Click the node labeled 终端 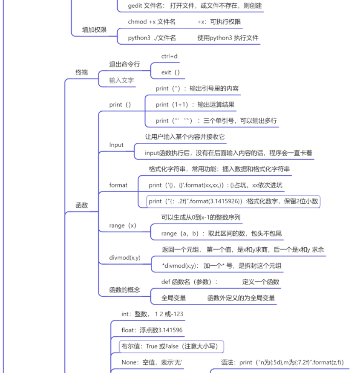pyautogui.click(x=81, y=72)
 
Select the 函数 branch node pyautogui.click(x=81, y=205)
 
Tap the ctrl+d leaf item pyautogui.click(x=169, y=56)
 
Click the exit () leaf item pyautogui.click(x=170, y=72)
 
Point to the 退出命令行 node pyautogui.click(x=124, y=64)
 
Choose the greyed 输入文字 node pyautogui.click(x=121, y=80)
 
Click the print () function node pyautogui.click(x=120, y=104)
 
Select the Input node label pyautogui.click(x=116, y=145)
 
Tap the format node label pyautogui.click(x=118, y=185)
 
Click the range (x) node pyautogui.click(x=123, y=226)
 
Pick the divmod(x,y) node pyautogui.click(x=125, y=257)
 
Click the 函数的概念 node pyautogui.click(x=124, y=290)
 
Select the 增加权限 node pyautogui.click(x=94, y=30)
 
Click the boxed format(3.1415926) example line pyautogui.click(x=233, y=201)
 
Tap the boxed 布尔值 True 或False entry pyautogui.click(x=172, y=346)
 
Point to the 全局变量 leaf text pyautogui.click(x=173, y=298)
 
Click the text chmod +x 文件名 pyautogui.click(x=152, y=22)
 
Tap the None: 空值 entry pyautogui.click(x=152, y=362)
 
